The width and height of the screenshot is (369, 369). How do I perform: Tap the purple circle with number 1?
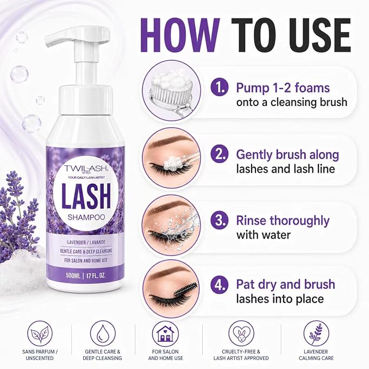pyautogui.click(x=220, y=87)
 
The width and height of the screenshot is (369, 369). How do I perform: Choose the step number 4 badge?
pyautogui.click(x=220, y=284)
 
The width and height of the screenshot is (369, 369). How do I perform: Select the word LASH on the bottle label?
pyautogui.click(x=86, y=197)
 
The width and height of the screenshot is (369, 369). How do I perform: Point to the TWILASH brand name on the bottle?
pyautogui.click(x=86, y=168)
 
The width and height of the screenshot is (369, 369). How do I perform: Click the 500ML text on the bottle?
pyautogui.click(x=73, y=276)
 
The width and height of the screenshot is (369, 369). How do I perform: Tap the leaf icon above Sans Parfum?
pyautogui.click(x=40, y=334)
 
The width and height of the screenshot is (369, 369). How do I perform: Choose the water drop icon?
pyautogui.click(x=103, y=334)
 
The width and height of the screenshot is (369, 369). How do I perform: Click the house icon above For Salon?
pyautogui.click(x=165, y=334)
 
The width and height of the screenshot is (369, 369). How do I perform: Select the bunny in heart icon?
pyautogui.click(x=241, y=334)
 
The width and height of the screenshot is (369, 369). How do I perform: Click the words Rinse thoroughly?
pyautogui.click(x=283, y=221)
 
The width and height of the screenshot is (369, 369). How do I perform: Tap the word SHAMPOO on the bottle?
pyautogui.click(x=86, y=217)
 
